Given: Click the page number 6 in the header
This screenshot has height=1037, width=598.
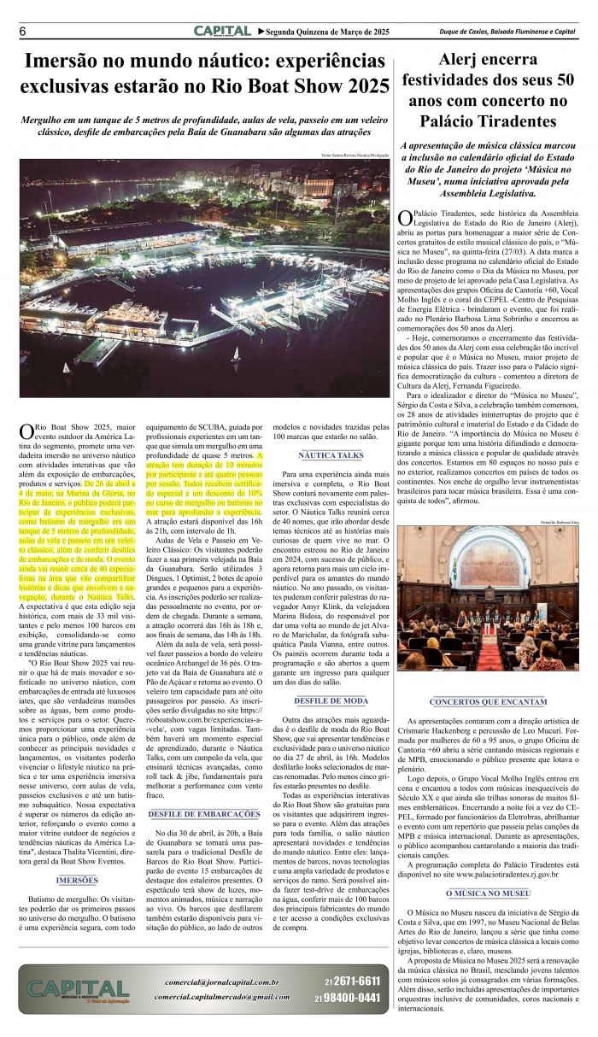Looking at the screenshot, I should tap(21, 32).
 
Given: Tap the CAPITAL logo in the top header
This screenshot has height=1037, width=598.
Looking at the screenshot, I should tap(221, 31).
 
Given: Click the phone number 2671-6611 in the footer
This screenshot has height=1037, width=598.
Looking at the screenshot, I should tap(358, 980).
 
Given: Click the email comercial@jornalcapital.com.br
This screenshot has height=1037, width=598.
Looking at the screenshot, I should tap(223, 982).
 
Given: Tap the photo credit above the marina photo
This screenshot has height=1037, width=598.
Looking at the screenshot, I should tap(355, 155).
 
